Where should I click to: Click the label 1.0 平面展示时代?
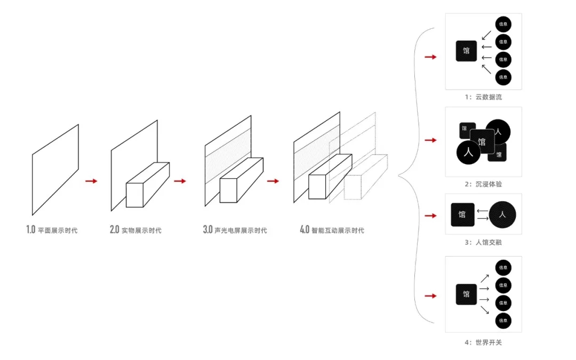[52, 230]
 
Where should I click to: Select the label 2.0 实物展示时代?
[135, 230]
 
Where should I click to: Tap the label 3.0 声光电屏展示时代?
[235, 230]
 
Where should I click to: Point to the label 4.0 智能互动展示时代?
[332, 230]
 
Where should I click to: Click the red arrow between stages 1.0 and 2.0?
[91, 181]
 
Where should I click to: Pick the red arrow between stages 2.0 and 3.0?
[180, 181]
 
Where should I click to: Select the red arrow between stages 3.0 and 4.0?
[273, 181]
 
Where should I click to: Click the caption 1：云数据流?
[483, 97]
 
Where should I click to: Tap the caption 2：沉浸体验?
[483, 184]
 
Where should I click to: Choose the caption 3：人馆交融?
[483, 243]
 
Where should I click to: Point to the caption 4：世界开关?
[483, 342]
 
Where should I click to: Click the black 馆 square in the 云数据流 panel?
[466, 51]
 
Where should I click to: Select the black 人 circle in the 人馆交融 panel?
[502, 214]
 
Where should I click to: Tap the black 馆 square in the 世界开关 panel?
[466, 294]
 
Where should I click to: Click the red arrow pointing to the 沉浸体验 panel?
[430, 140]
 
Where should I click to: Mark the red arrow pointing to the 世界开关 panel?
[430, 295]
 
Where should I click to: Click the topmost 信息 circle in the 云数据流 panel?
[503, 24]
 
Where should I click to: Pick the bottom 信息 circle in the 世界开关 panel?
[503, 321]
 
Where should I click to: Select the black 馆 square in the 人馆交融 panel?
[462, 214]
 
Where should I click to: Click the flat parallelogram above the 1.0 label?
[55, 170]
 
